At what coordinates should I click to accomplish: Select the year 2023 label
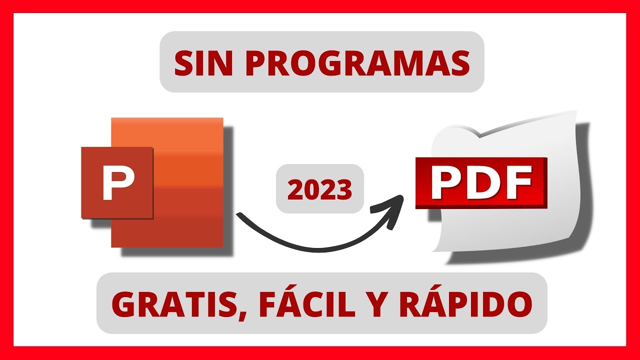[320, 189]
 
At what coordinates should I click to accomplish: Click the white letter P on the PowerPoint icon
[118, 183]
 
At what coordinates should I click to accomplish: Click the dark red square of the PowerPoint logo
[117, 182]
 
